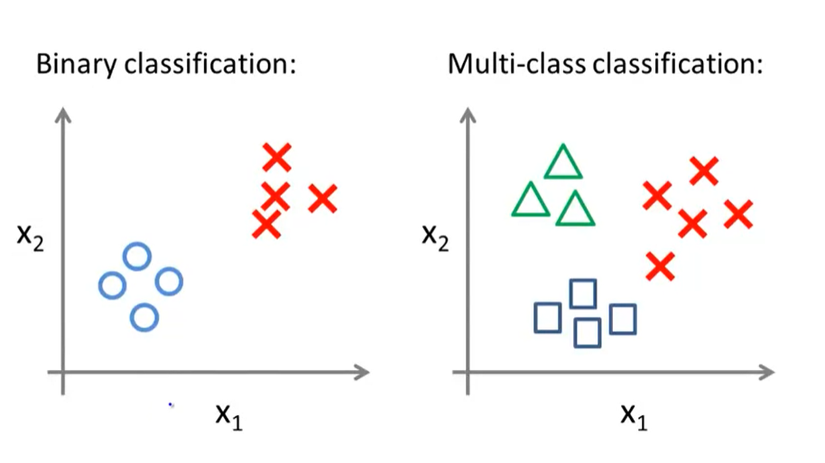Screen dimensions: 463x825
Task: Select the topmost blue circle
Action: [136, 257]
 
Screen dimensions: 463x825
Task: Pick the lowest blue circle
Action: [144, 318]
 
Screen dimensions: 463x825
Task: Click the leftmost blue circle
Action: [111, 285]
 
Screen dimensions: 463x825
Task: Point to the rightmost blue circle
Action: [169, 282]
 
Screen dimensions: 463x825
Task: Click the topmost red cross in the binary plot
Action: [277, 158]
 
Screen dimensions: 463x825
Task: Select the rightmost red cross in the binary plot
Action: [322, 198]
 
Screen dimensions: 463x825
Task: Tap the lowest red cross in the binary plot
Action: [265, 225]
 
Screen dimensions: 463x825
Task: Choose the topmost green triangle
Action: [564, 164]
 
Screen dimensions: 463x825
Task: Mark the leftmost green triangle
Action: [530, 201]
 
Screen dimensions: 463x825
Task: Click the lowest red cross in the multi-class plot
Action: [661, 266]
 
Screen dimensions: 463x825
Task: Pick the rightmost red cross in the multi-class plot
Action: [738, 215]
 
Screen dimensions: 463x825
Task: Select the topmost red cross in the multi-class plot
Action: [704, 169]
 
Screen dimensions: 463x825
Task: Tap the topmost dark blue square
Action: [583, 293]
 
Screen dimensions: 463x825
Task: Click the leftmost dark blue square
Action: [547, 318]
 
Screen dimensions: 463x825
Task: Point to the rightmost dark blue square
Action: [623, 318]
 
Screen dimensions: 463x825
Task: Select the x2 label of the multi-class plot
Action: [437, 236]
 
